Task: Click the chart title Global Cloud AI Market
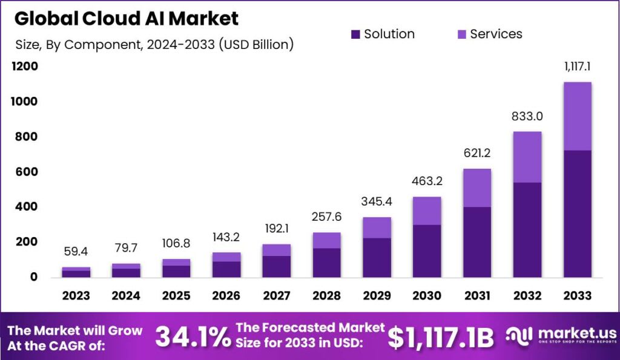point(127,18)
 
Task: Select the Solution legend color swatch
point(355,34)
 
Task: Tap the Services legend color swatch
point(461,34)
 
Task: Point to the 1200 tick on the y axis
point(25,67)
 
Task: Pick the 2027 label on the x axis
point(276,296)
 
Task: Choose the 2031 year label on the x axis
point(477,296)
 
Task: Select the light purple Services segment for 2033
point(577,116)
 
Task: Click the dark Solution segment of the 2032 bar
point(527,230)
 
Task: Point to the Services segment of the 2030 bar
point(426,211)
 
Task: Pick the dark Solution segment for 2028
point(326,263)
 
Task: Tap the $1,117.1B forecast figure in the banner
point(441,336)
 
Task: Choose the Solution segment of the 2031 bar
point(477,242)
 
